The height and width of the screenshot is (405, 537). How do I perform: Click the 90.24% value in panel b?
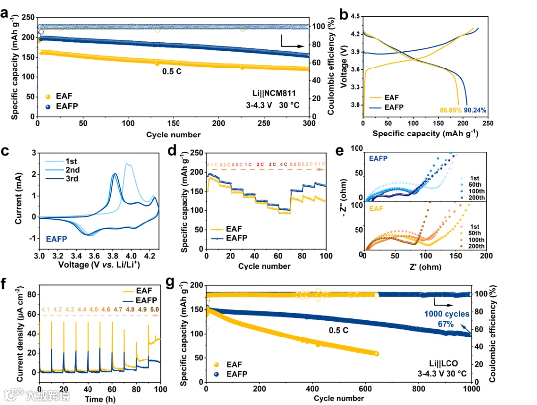click(x=475, y=110)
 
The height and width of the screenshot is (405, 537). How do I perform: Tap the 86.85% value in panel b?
click(x=450, y=110)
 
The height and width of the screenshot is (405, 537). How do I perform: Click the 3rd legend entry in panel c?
click(x=71, y=179)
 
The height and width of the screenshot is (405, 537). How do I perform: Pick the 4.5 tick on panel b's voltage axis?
click(x=354, y=16)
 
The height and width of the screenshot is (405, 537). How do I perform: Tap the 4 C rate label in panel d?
click(x=283, y=164)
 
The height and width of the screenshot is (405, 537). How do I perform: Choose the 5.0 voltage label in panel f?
click(x=155, y=310)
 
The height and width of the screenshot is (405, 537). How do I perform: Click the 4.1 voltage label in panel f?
click(x=46, y=310)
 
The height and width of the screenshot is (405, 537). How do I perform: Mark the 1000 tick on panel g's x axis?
click(x=471, y=389)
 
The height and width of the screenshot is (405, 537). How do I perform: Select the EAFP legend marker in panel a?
click(x=48, y=106)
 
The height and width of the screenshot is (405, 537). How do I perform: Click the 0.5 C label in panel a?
click(x=172, y=71)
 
